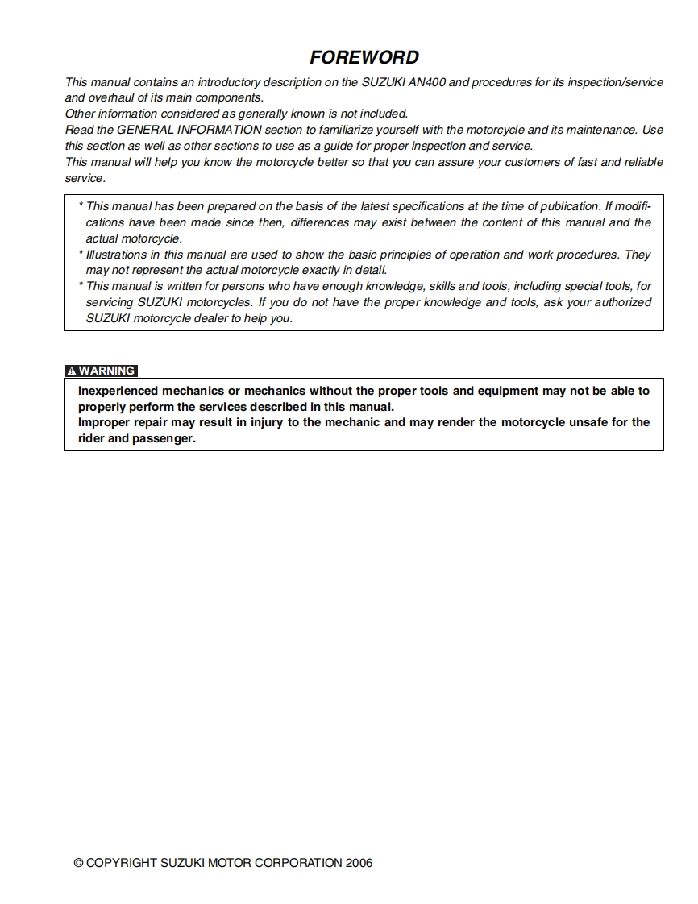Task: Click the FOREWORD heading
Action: click(364, 57)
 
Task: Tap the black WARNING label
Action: click(107, 371)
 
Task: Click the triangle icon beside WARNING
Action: click(72, 371)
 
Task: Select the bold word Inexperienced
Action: click(118, 391)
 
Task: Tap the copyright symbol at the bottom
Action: click(78, 863)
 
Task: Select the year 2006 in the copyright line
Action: click(359, 863)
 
